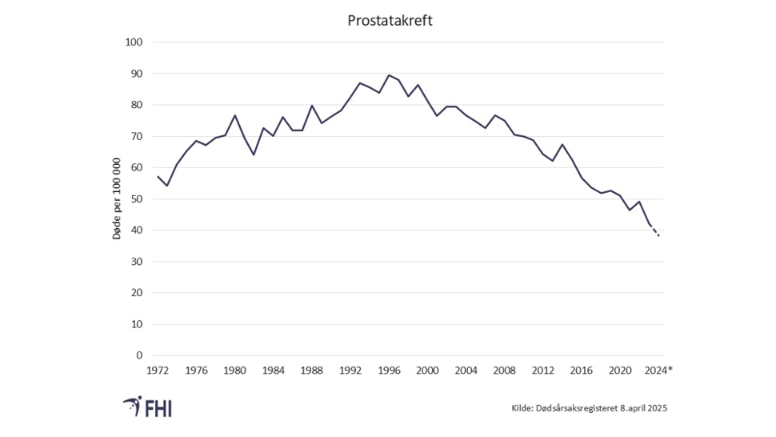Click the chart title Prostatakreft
click(x=390, y=21)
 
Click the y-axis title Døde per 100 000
click(x=117, y=198)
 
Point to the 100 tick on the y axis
click(x=134, y=42)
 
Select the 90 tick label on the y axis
click(x=136, y=74)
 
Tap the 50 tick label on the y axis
click(x=136, y=199)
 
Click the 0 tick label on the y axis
click(x=139, y=355)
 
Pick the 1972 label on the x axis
click(x=157, y=371)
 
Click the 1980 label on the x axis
click(x=234, y=371)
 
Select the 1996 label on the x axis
click(x=390, y=371)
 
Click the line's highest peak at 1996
click(x=389, y=75)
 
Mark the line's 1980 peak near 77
click(x=234, y=115)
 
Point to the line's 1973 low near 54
click(x=166, y=186)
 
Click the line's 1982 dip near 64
click(x=254, y=154)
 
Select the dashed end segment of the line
click(x=654, y=231)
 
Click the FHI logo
click(x=148, y=407)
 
